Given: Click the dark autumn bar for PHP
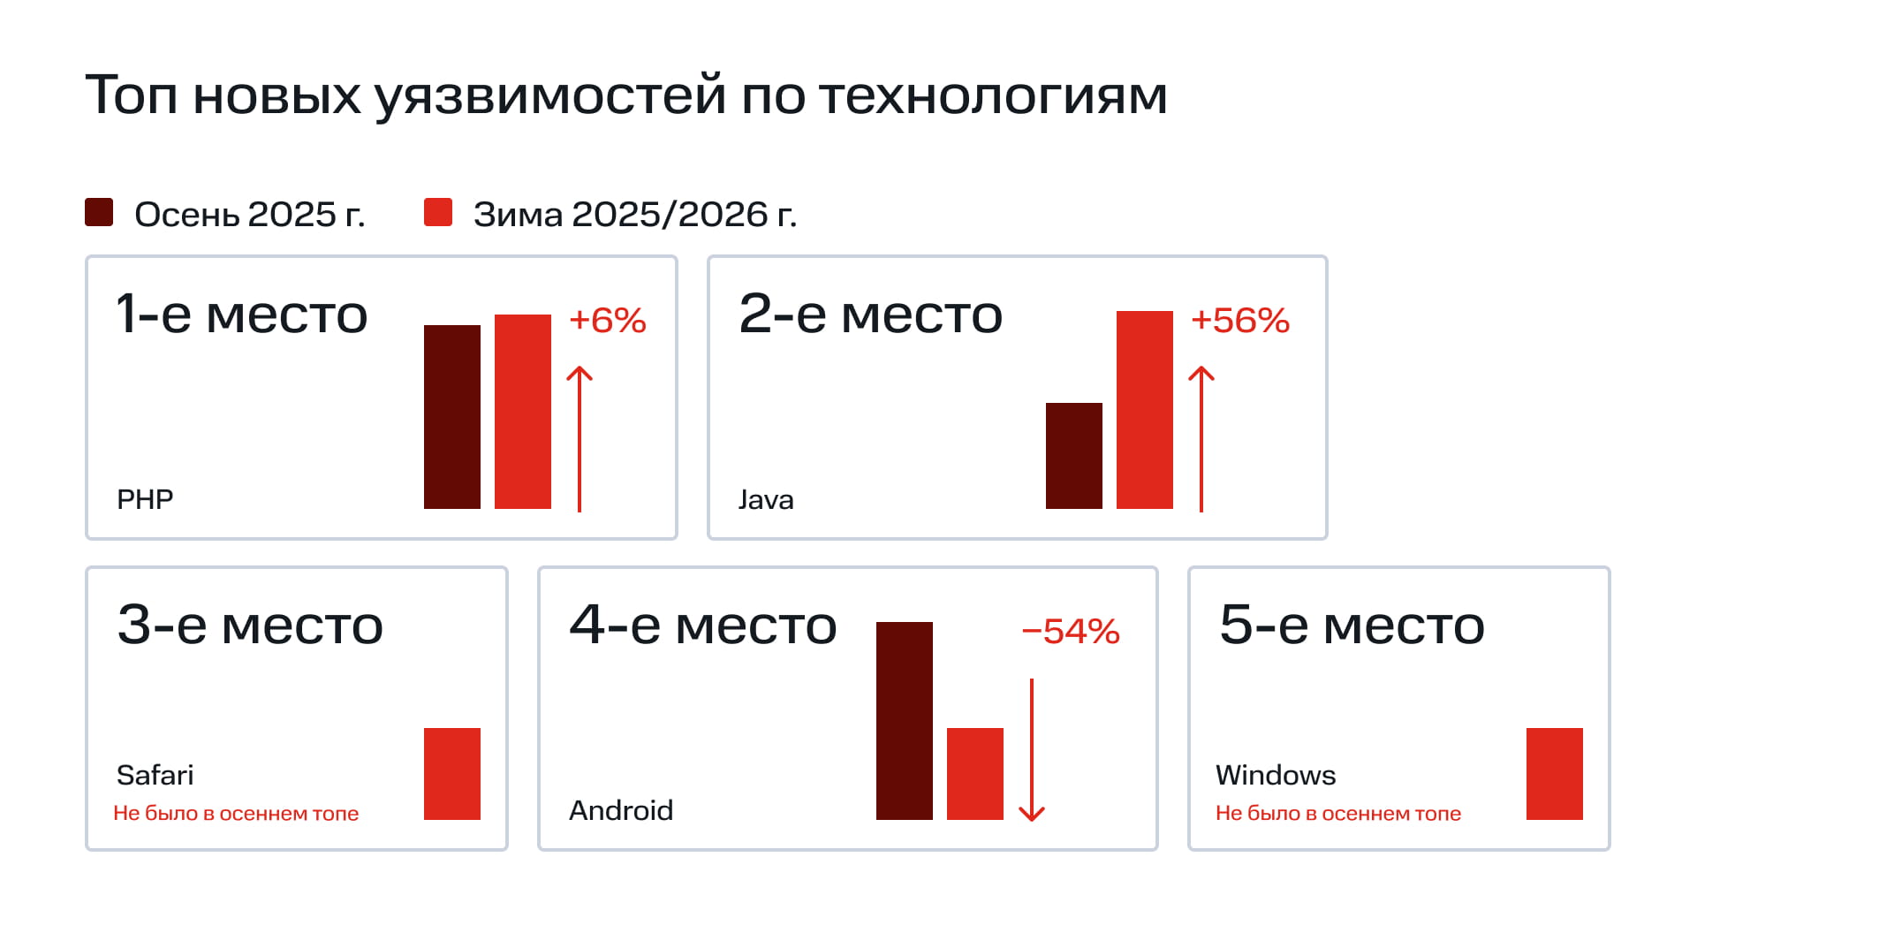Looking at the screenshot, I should pyautogui.click(x=451, y=417).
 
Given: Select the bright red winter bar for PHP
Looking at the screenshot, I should pyautogui.click(x=522, y=412).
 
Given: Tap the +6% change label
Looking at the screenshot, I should pyautogui.click(x=607, y=321).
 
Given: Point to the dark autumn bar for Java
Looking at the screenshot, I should pyautogui.click(x=1073, y=456).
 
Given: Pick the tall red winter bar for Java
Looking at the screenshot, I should pyautogui.click(x=1144, y=410).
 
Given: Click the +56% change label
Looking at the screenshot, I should pyautogui.click(x=1239, y=321).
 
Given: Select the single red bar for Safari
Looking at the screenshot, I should pyautogui.click(x=451, y=774).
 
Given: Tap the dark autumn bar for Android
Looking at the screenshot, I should pyautogui.click(x=904, y=721).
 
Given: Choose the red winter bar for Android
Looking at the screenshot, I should pyautogui.click(x=974, y=774).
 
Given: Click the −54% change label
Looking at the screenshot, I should pyautogui.click(x=1070, y=632).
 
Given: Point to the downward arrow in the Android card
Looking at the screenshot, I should pyautogui.click(x=1031, y=751).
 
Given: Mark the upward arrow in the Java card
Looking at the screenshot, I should pyautogui.click(x=1201, y=438).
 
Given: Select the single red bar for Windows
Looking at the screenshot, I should pyautogui.click(x=1554, y=774).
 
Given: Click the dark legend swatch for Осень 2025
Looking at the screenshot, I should pyautogui.click(x=99, y=213).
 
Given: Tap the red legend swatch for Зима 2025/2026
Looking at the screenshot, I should pyautogui.click(x=438, y=213).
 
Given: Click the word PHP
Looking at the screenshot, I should pyautogui.click(x=145, y=500).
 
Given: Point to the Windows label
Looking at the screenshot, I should pyautogui.click(x=1275, y=776).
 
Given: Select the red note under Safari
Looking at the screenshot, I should pyautogui.click(x=236, y=814).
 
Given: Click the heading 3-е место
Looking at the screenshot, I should pyautogui.click(x=250, y=626).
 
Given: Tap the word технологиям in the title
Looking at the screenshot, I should pyautogui.click(x=993, y=95).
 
